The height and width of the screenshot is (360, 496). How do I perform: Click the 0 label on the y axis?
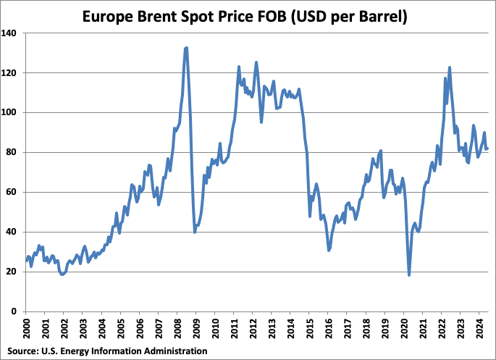pos(19,311)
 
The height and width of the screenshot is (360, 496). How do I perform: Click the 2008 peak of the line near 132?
pos(186,48)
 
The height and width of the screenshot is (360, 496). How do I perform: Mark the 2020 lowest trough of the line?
pos(409,275)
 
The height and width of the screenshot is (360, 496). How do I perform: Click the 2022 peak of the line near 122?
pos(450,67)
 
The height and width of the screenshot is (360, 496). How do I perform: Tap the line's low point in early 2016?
pos(329,250)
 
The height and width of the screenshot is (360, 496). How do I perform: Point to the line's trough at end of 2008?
pos(195,232)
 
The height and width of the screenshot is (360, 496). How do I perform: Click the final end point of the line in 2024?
pos(487,148)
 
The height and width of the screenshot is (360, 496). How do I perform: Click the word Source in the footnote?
pos(22,351)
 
